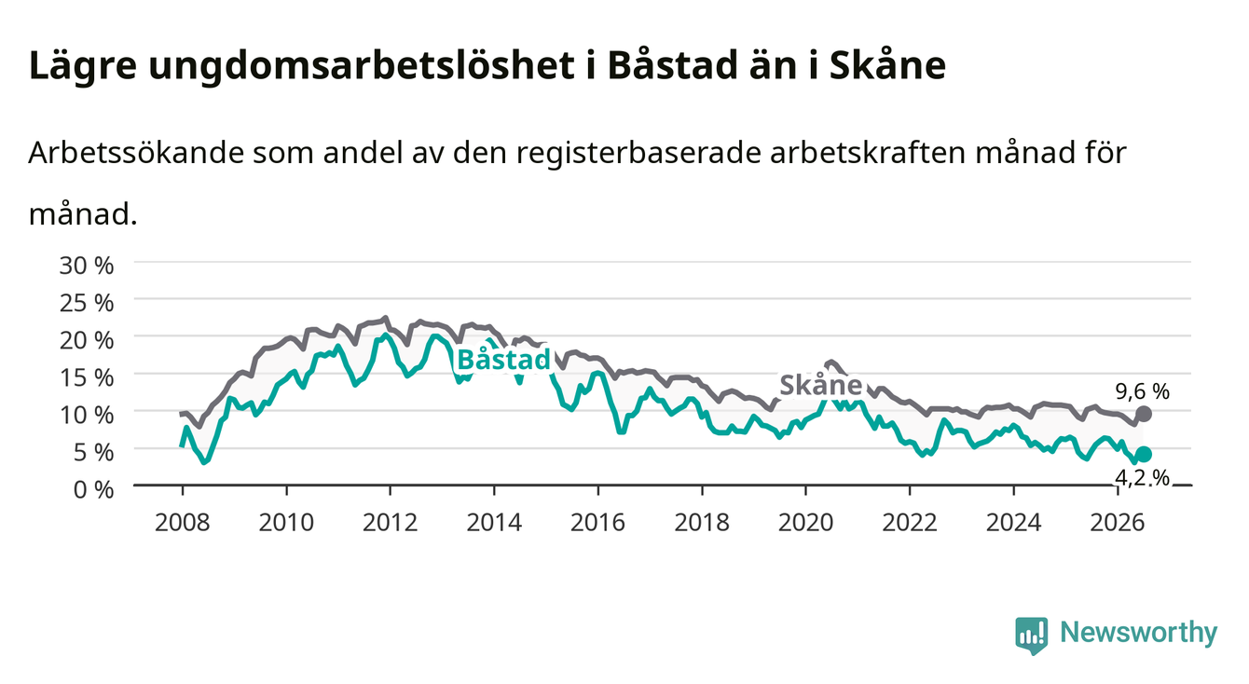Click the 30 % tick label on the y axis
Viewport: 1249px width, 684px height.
[87, 266]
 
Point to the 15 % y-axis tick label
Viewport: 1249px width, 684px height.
[87, 378]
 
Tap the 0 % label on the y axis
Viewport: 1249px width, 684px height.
[93, 490]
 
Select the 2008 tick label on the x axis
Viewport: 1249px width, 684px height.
[183, 523]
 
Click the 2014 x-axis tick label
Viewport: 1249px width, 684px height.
[494, 523]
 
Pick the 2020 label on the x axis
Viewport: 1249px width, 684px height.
[805, 523]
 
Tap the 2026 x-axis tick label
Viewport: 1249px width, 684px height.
[1118, 523]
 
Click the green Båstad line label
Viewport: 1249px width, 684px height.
[504, 360]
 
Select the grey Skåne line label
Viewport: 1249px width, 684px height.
[821, 385]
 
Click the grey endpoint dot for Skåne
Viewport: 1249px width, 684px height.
[1144, 414]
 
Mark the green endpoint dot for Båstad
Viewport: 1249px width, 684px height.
[1144, 455]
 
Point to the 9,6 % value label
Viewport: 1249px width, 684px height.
[1143, 391]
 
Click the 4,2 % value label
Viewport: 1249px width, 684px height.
[1143, 478]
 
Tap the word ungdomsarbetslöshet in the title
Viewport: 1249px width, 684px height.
[362, 66]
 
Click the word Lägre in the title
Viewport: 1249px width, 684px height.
[83, 66]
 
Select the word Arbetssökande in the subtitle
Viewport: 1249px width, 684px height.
[136, 153]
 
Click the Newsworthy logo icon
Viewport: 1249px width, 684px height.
[1032, 636]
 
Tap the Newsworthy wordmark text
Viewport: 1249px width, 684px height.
[1139, 634]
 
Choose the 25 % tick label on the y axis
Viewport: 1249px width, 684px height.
[87, 303]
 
